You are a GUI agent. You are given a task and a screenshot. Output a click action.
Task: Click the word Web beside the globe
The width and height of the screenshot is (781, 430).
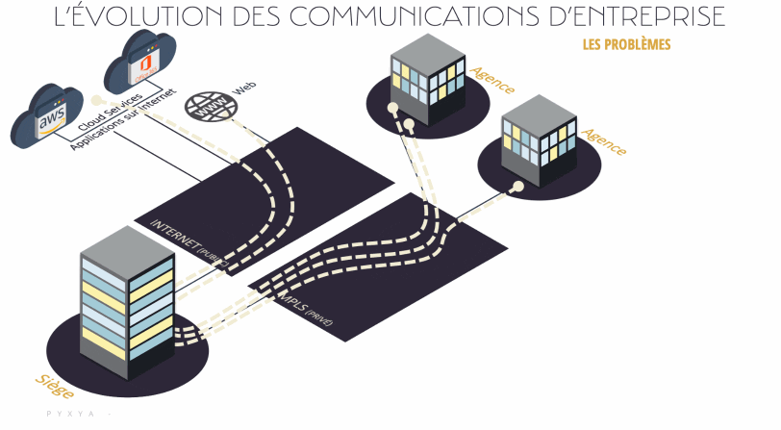coord(246,89)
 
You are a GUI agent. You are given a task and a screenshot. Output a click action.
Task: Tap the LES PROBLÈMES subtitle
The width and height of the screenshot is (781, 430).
coord(626,45)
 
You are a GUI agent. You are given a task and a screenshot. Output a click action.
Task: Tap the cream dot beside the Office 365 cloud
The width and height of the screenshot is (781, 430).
coord(97,100)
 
